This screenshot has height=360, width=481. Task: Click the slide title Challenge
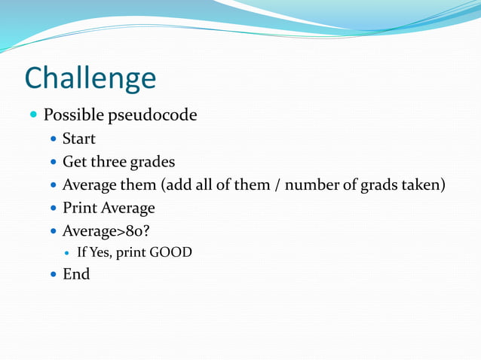(90, 78)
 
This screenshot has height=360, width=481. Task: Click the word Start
(78, 139)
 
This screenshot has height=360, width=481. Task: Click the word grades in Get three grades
(153, 163)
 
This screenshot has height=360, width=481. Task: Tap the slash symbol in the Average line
(278, 185)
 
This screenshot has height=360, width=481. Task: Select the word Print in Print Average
(79, 208)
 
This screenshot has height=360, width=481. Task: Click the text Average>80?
(105, 230)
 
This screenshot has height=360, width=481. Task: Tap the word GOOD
(171, 252)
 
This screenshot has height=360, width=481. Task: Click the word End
(75, 274)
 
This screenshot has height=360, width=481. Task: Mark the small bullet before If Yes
(68, 253)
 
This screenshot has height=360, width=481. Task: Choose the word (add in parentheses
(174, 185)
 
